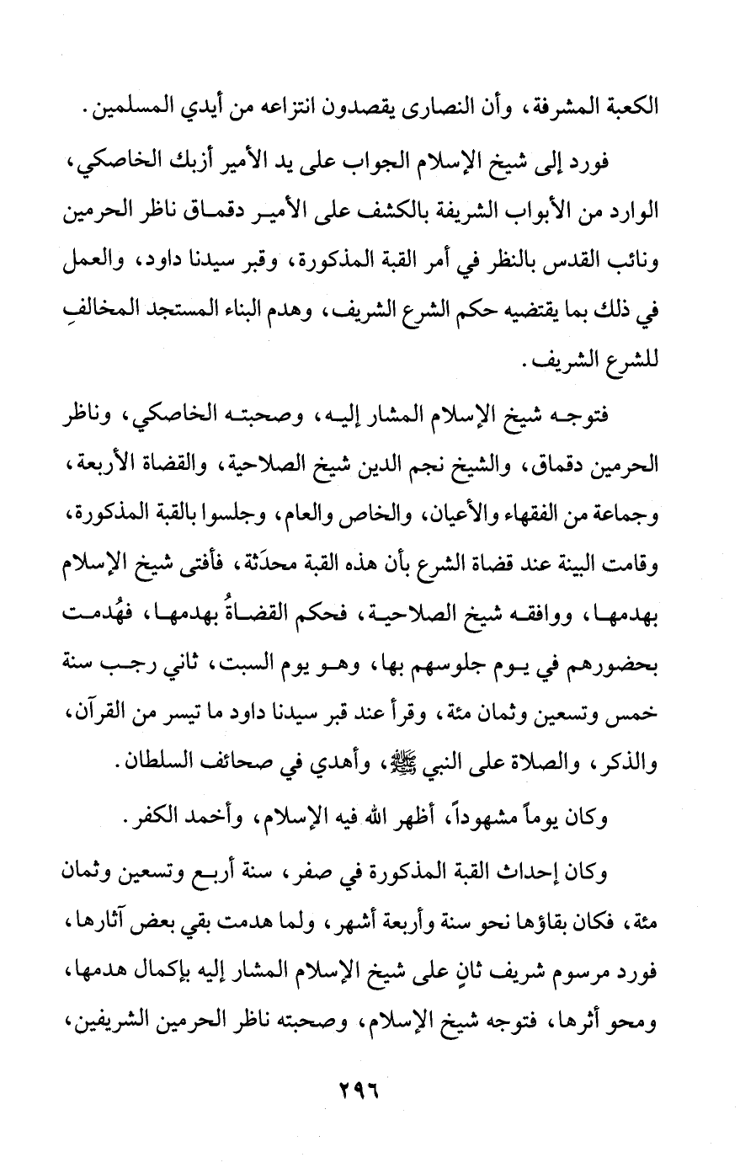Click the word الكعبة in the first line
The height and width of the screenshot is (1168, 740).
point(652,108)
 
